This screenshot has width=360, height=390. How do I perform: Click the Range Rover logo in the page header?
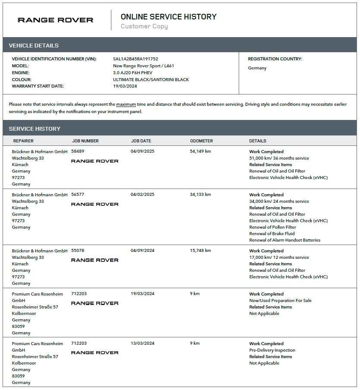point(55,20)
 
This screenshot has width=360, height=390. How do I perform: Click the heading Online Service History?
point(168,17)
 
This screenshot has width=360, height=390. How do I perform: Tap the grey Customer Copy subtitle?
point(144,26)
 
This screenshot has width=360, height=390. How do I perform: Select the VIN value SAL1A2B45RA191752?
point(136,59)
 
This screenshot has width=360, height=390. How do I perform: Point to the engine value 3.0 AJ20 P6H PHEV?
point(133,73)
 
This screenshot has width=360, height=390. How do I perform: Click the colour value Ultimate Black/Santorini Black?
point(151,79)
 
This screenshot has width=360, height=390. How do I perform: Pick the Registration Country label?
point(275,59)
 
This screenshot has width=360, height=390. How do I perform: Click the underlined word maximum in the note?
point(126,104)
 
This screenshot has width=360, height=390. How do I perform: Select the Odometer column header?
point(201,141)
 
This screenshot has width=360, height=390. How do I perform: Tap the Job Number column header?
point(85,141)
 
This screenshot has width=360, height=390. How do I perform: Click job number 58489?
point(78,151)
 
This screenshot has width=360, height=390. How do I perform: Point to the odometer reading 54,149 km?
point(200,151)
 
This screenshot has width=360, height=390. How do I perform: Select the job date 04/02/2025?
point(142,195)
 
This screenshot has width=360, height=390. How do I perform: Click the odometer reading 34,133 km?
point(200,195)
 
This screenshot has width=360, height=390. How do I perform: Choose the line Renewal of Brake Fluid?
point(272,234)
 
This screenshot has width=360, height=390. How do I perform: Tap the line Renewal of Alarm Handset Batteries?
point(284,240)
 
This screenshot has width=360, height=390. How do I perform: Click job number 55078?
point(78,251)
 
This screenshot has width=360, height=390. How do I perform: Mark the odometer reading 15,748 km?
point(200,251)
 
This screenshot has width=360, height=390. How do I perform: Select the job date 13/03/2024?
point(142,343)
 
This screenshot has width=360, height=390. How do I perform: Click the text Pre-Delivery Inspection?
point(272,350)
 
